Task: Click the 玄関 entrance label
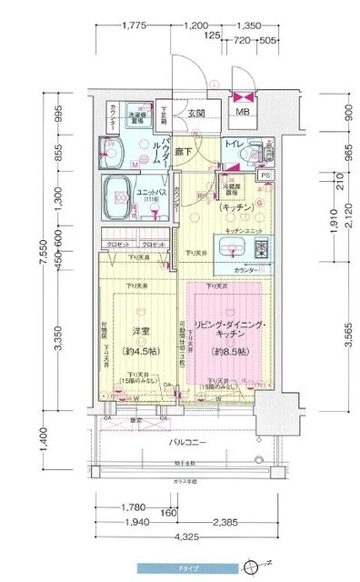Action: [195, 114]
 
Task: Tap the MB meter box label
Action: [243, 113]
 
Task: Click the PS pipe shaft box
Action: [265, 174]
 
